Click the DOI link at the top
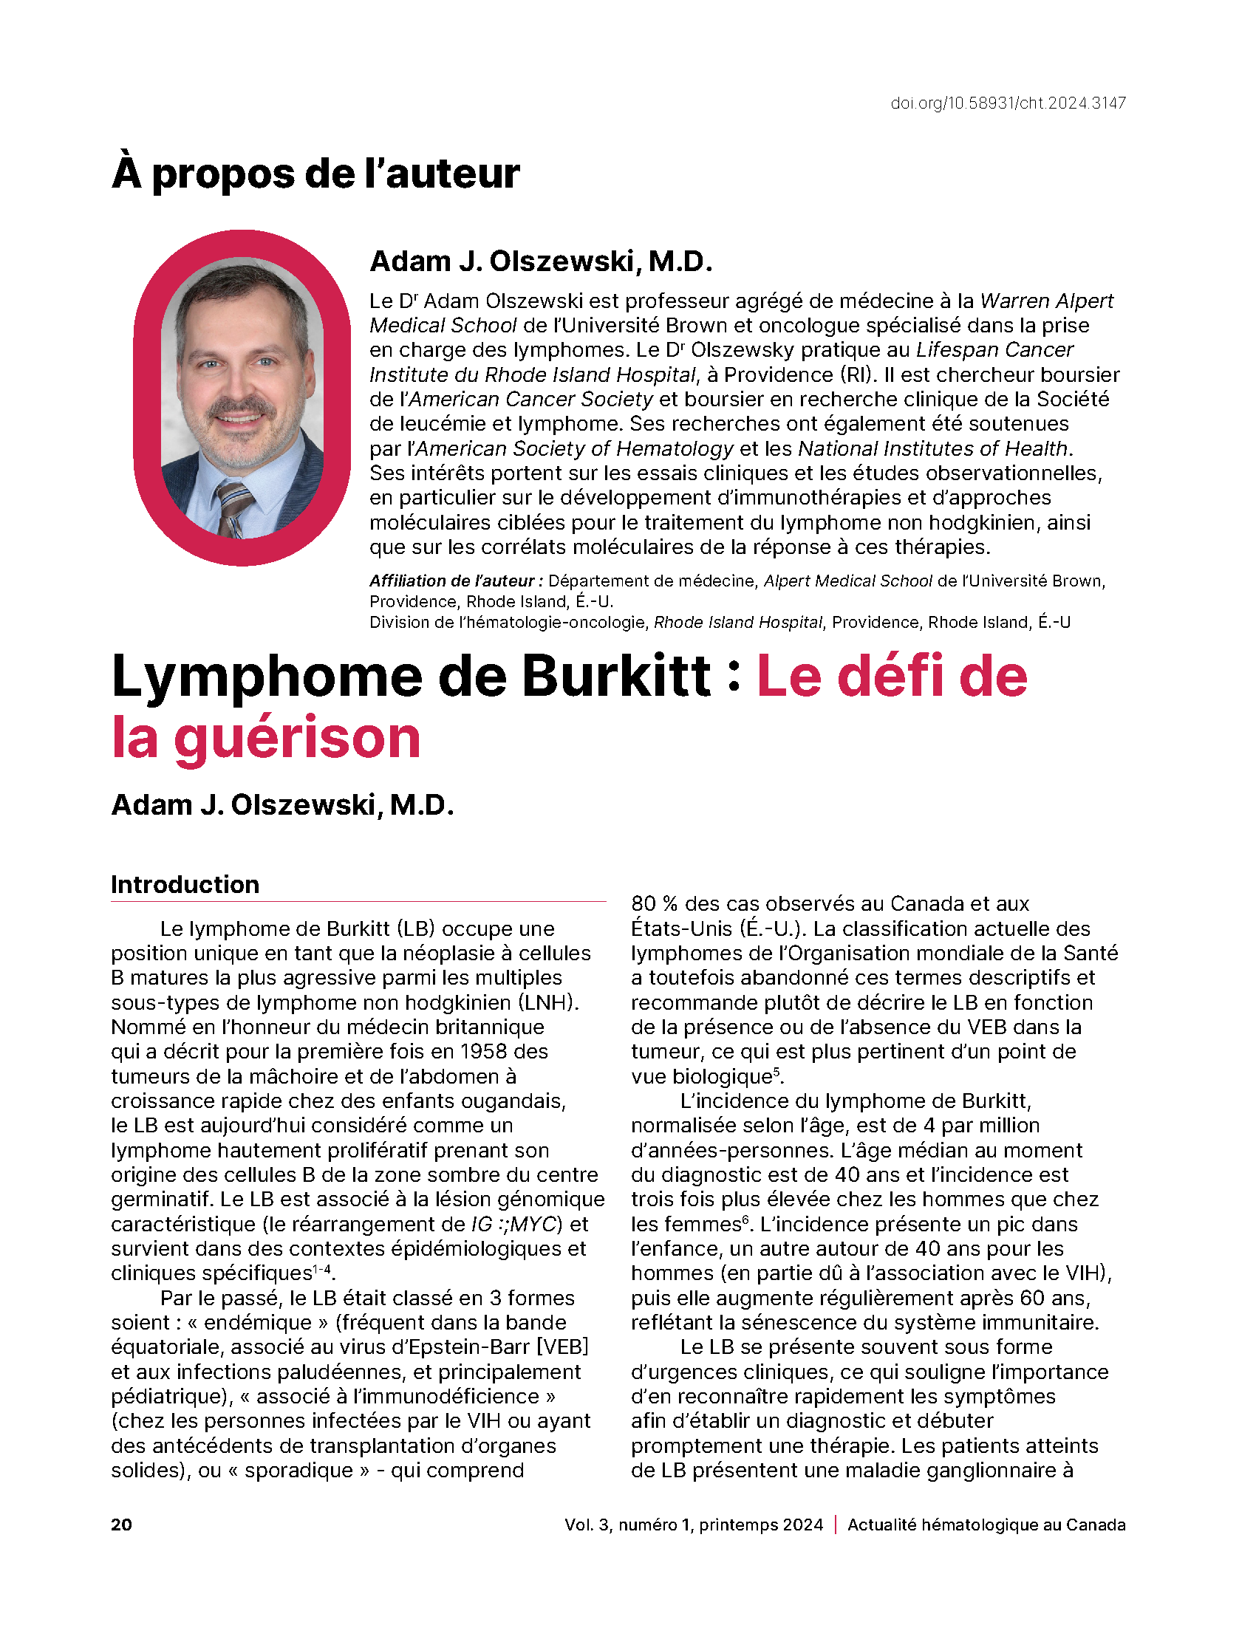click(x=1008, y=103)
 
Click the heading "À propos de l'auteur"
click(x=315, y=174)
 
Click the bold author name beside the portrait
click(x=541, y=261)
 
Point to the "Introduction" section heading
click(x=185, y=884)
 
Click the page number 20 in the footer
click(x=121, y=1525)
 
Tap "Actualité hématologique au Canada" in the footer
click(x=986, y=1525)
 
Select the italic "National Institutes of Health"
click(x=933, y=448)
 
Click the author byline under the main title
click(x=282, y=804)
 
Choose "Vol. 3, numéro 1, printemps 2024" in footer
click(x=694, y=1525)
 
